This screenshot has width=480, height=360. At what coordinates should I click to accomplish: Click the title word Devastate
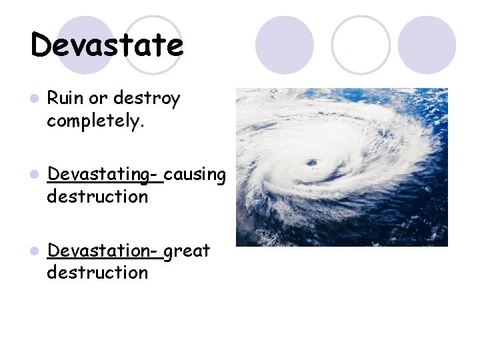tap(107, 45)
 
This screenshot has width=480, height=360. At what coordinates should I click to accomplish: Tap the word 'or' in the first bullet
tap(98, 99)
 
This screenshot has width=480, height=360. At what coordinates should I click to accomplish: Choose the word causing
tap(195, 175)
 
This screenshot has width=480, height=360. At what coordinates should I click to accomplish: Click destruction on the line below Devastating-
tap(97, 197)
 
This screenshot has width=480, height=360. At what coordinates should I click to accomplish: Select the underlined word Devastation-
tap(103, 251)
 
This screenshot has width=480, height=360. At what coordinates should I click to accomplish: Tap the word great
tap(187, 251)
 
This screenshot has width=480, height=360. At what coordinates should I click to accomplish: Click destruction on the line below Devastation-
tap(97, 273)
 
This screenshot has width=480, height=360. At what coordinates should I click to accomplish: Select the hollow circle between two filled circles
tap(361, 44)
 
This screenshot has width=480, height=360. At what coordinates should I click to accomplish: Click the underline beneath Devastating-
tap(105, 182)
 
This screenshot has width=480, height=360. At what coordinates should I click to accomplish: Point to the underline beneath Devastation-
tap(104, 259)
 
